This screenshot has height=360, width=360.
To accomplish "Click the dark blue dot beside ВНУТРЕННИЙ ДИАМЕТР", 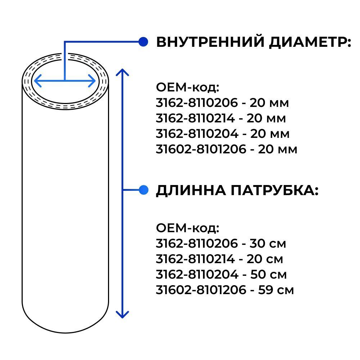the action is [143, 42].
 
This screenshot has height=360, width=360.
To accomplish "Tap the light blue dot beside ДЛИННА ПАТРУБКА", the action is [144, 190].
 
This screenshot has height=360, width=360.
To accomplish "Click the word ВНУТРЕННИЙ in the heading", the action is [210, 42].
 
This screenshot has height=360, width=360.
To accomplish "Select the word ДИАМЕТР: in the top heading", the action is [310, 42].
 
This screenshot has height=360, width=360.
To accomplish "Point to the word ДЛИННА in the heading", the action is [191, 190].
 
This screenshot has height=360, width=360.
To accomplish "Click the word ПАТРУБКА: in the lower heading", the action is [275, 190].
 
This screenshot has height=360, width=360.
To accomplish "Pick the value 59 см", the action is [276, 290].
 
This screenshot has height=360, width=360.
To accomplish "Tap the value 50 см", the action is [269, 275].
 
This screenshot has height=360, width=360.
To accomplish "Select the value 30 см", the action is [268, 244].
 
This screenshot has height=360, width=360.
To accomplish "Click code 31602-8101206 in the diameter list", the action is [201, 149].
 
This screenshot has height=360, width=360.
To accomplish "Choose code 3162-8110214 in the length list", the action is [195, 259].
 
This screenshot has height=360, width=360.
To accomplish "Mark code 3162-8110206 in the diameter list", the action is [197, 103].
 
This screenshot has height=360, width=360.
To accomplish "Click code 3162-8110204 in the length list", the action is [197, 275].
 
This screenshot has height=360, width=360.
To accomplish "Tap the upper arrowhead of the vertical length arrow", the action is [122, 72].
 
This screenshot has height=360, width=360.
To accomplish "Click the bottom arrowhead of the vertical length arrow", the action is [122, 315].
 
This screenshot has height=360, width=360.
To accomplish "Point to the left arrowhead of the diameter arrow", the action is [38, 81].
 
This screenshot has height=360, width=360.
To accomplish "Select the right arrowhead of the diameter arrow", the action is [92, 81].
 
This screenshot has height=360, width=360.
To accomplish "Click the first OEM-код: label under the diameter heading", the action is [188, 87].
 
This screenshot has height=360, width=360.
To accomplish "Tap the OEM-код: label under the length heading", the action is [188, 228].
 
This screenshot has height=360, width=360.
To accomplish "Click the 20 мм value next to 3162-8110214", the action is [266, 118].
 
